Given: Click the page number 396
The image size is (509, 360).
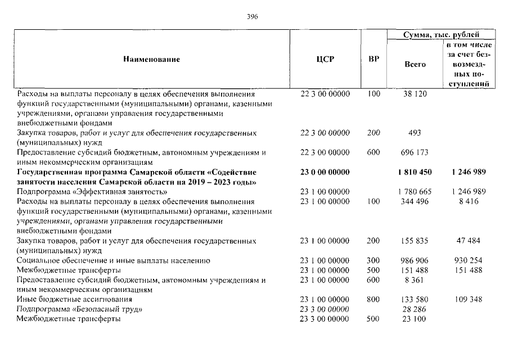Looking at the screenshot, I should (x=253, y=17).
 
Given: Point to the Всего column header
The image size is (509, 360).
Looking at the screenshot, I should (x=415, y=64).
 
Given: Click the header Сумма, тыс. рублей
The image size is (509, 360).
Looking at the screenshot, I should (x=441, y=35).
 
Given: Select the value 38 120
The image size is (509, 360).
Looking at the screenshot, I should (x=415, y=94).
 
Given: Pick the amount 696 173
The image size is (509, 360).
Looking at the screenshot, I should (x=415, y=152).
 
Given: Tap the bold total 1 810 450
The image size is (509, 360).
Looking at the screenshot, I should (x=415, y=172).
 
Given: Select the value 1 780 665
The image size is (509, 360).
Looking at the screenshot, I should (x=415, y=191).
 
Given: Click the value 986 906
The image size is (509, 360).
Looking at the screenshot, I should (x=415, y=260).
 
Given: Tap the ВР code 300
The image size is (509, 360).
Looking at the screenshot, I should (x=373, y=260).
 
